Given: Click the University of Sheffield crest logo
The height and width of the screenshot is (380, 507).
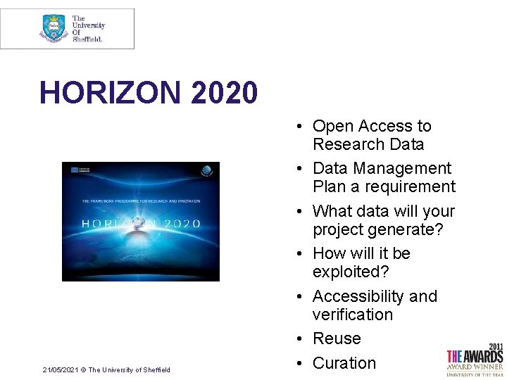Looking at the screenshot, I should [54, 28].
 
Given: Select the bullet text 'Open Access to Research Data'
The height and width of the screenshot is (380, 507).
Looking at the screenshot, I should [371, 135].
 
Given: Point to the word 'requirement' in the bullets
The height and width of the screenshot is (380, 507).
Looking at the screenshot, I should [413, 187].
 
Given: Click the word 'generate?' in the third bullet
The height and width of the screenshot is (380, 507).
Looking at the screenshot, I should [406, 229].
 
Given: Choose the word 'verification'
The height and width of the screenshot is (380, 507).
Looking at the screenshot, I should [352, 315].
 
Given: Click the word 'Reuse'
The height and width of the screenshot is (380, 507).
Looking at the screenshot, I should [337, 338].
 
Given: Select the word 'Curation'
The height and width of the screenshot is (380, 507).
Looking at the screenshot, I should [344, 363].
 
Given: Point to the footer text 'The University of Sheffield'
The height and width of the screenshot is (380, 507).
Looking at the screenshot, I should [129, 370].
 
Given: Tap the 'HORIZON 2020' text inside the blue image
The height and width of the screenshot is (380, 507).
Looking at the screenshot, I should [141, 223].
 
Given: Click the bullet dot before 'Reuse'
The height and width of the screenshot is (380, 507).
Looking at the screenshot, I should [299, 339].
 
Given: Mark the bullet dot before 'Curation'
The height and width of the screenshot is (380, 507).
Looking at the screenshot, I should [299, 364].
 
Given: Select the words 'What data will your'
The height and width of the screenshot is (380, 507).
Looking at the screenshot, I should [383, 211].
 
